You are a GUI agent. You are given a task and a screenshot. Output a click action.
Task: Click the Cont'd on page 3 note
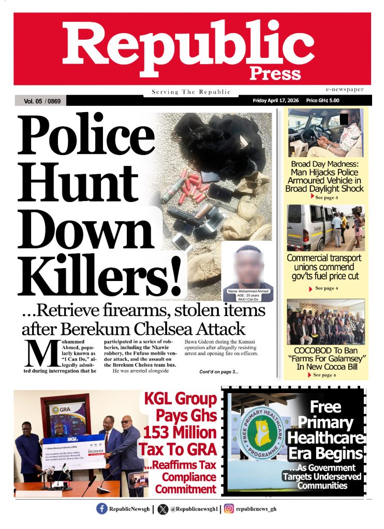[219, 371]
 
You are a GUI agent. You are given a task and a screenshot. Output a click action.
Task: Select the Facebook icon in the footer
[102, 509]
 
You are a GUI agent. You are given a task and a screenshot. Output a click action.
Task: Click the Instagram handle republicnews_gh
[256, 509]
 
